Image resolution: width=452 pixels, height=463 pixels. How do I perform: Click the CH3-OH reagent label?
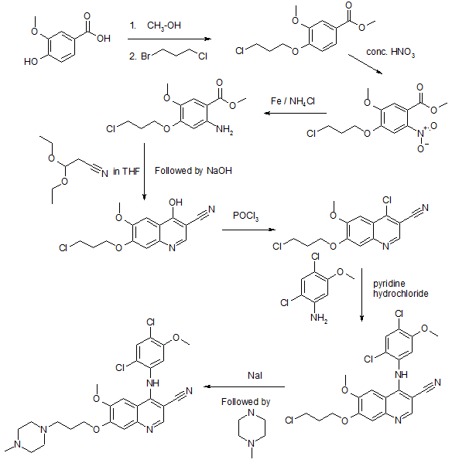tap(164, 26)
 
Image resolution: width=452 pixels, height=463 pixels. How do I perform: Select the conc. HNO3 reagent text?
tap(391, 53)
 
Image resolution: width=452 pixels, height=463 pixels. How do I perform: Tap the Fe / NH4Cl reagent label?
tap(293, 101)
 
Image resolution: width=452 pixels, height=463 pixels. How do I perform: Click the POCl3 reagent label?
tap(245, 216)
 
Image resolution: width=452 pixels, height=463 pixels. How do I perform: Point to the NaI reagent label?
tap(255, 376)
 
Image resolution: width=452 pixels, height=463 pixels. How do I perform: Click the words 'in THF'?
tap(126, 172)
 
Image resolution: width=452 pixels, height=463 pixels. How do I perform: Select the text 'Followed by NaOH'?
tap(193, 171)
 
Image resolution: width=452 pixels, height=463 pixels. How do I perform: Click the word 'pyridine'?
tap(389, 284)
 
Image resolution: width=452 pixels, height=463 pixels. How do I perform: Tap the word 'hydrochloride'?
tap(401, 294)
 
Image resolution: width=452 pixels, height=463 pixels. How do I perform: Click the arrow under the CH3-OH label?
tap(169, 39)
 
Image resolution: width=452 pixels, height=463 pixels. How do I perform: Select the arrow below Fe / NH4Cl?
tap(296, 113)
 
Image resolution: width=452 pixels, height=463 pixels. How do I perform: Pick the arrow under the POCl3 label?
tap(248, 230)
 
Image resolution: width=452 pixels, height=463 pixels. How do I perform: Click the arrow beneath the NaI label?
tap(244, 386)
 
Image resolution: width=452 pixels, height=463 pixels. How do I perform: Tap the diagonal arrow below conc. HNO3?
tap(365, 64)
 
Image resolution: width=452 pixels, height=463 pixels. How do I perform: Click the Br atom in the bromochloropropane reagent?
tap(146, 56)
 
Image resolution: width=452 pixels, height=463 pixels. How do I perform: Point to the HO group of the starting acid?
tap(31, 61)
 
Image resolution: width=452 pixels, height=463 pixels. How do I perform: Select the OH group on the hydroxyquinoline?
tap(176, 203)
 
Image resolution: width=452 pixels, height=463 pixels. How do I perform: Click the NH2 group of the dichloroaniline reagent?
tap(319, 318)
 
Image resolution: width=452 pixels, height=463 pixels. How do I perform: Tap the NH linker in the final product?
tap(152, 383)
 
